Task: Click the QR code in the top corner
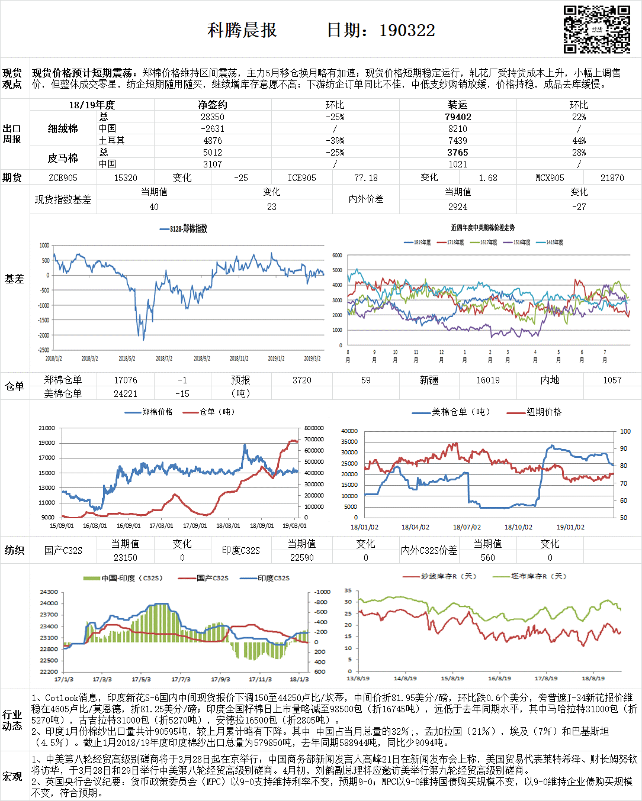point(596,29)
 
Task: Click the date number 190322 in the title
point(407,31)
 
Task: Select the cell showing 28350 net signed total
point(213,117)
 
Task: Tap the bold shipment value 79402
point(458,117)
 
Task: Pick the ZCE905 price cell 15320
point(126,178)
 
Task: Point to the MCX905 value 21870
point(612,178)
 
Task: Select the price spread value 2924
point(458,207)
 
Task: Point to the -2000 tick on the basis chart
point(44,335)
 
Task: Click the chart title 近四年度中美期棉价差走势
point(483,228)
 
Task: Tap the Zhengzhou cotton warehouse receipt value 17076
point(126,380)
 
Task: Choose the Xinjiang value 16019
point(488,380)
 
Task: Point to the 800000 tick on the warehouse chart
point(314,428)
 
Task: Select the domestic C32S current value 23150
point(126,558)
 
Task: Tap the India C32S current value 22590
point(301,558)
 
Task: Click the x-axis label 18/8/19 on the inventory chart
point(593,679)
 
